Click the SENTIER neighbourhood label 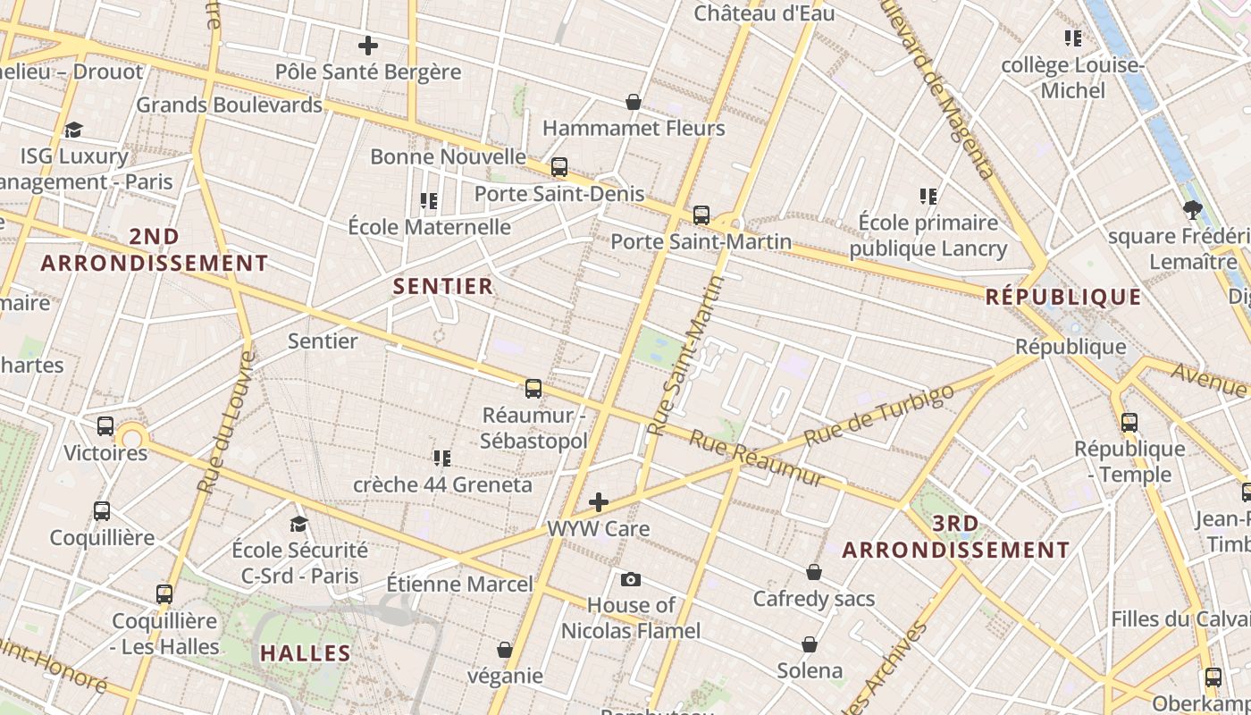click(443, 286)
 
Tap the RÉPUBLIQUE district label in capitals click(1063, 297)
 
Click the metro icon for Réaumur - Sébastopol click(533, 388)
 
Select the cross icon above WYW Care click(599, 501)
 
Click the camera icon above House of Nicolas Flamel click(630, 579)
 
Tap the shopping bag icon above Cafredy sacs click(813, 572)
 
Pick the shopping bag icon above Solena click(810, 644)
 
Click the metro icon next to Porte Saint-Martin click(701, 214)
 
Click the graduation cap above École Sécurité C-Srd click(298, 524)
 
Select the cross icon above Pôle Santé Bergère click(367, 45)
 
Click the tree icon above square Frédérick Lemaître click(1191, 210)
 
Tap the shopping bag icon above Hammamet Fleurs click(634, 102)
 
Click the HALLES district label click(306, 653)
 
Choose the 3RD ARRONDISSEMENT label click(956, 537)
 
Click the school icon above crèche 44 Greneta click(441, 458)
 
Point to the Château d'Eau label click(764, 13)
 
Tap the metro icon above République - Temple click(1129, 422)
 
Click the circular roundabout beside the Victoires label click(132, 437)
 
